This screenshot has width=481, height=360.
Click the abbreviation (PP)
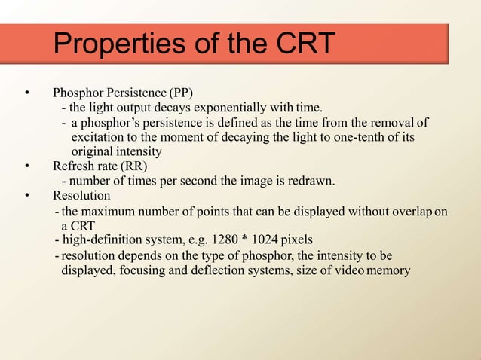(x=181, y=94)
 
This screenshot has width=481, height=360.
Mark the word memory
(x=390, y=270)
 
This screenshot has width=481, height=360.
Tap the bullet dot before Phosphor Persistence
(x=27, y=94)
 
